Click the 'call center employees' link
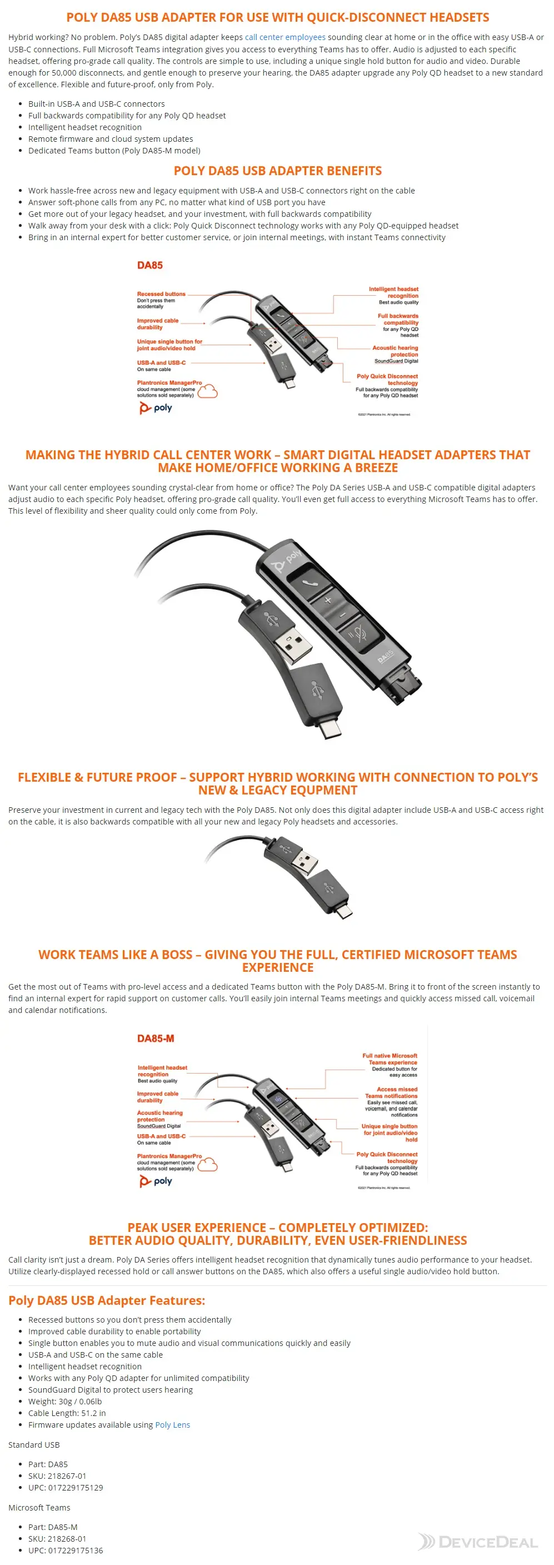(x=285, y=37)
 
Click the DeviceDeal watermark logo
(x=477, y=1541)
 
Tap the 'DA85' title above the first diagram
(x=149, y=266)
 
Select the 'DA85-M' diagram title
(x=156, y=1039)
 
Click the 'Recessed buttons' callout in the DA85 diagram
(x=161, y=294)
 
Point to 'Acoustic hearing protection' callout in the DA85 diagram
(x=395, y=351)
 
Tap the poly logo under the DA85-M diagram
(x=156, y=1181)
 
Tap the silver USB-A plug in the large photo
(x=293, y=644)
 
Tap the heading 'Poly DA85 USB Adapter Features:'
(x=106, y=1300)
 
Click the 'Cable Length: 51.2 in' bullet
(x=67, y=1413)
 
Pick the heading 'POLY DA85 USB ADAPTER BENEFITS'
(x=278, y=171)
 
